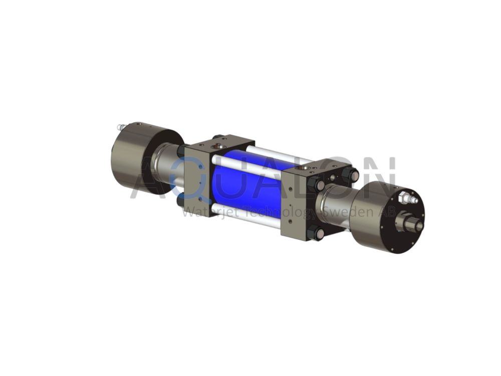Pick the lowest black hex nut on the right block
coord(315,233)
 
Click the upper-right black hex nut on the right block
coord(351,176)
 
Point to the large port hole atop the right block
coord(302,167)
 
